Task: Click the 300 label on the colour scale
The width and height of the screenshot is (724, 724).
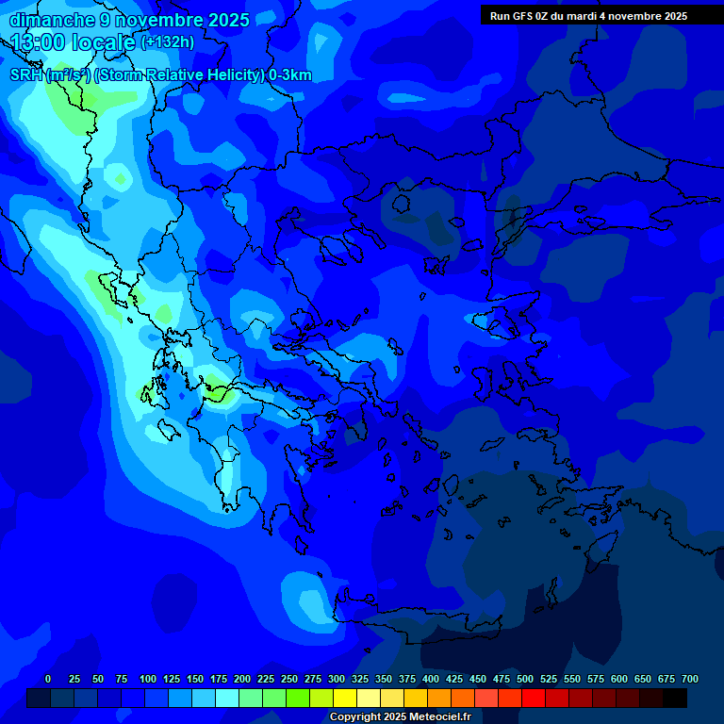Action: coord(337,679)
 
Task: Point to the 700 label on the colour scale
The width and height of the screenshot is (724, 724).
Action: coord(690,679)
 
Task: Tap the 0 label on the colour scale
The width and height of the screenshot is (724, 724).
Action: coord(48,679)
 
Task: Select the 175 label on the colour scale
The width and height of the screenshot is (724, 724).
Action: coord(219,679)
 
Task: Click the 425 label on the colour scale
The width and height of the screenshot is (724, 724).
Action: coord(454,679)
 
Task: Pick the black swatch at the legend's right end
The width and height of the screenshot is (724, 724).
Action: coord(675,698)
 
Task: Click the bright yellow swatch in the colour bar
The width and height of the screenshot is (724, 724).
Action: coord(345,698)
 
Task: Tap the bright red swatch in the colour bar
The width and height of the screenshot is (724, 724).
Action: coord(534,698)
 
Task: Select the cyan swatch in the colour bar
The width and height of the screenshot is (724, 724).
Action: coord(227,698)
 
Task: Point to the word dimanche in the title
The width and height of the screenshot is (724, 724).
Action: coord(53,20)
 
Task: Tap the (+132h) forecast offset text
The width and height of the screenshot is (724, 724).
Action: coord(167,42)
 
